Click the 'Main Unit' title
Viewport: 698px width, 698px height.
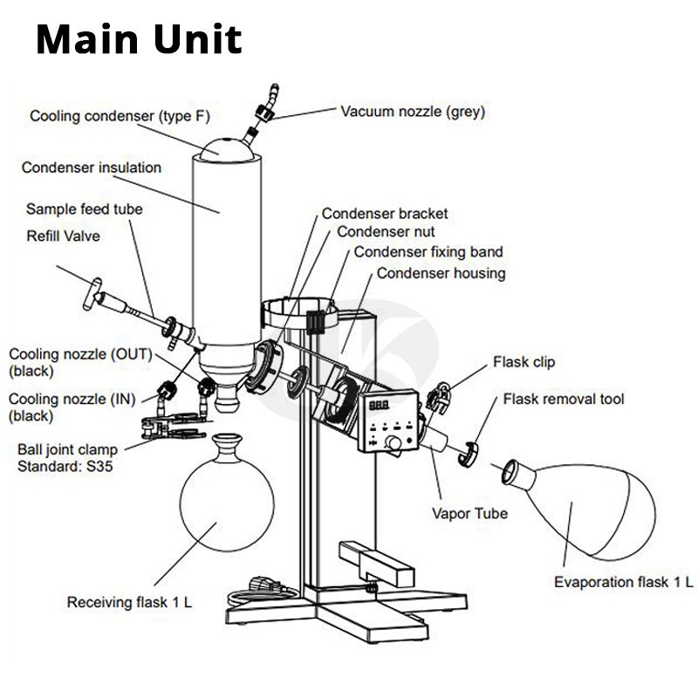tap(139, 40)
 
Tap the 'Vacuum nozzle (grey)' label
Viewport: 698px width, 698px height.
tap(413, 111)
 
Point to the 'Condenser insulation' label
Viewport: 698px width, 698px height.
tap(92, 167)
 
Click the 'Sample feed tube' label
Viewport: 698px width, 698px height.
tap(84, 209)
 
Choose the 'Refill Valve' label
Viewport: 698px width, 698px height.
tap(63, 235)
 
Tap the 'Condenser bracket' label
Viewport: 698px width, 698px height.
tap(385, 213)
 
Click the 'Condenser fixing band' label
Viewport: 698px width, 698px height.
tap(428, 252)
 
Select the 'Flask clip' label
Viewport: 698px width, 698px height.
tap(523, 361)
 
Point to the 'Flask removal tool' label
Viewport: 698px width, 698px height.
tap(564, 400)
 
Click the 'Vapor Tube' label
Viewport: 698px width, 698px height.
tap(469, 513)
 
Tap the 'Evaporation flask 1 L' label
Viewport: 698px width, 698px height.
tap(624, 582)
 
